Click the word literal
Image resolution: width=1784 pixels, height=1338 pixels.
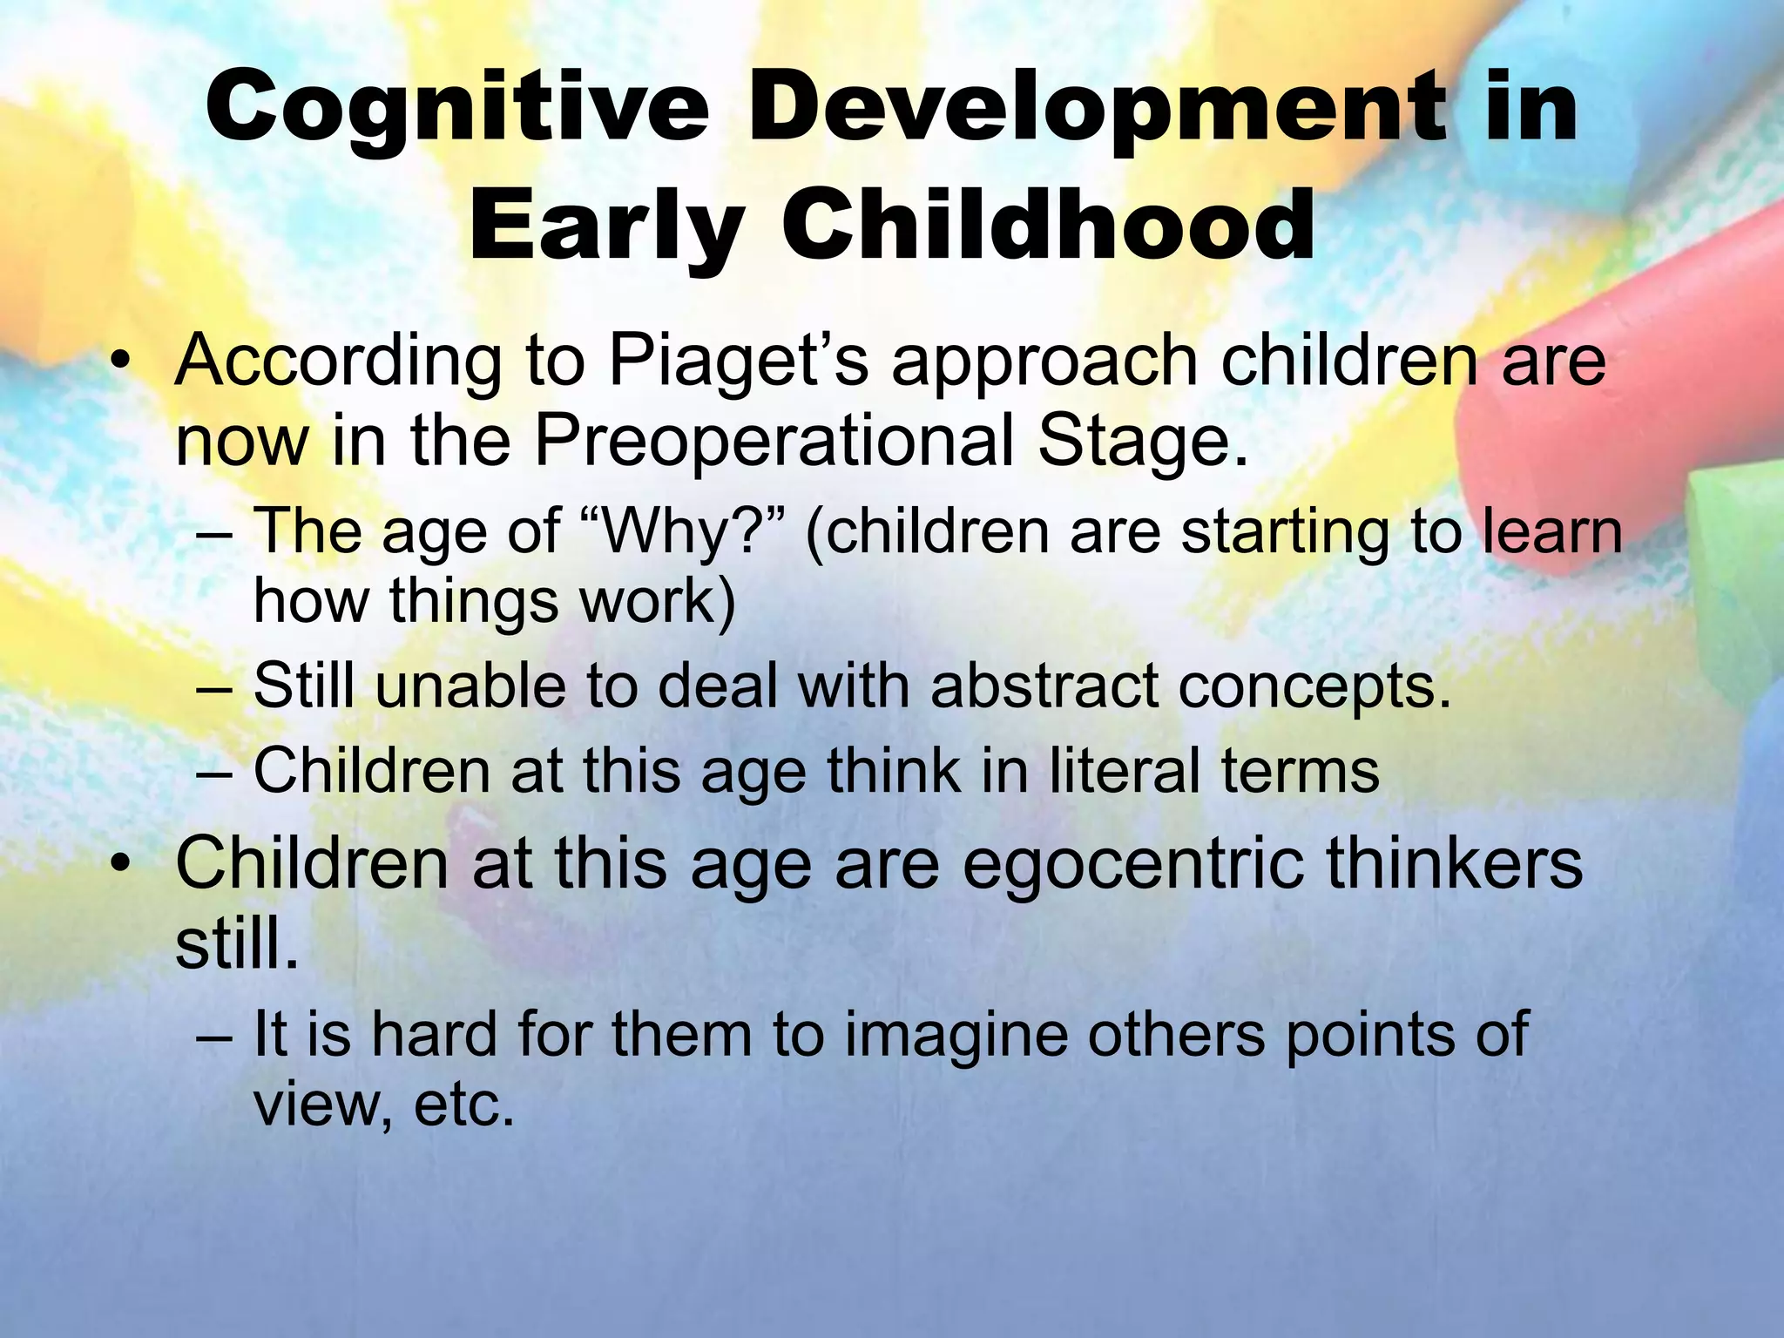1124,772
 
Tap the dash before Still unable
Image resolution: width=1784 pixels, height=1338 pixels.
214,688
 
